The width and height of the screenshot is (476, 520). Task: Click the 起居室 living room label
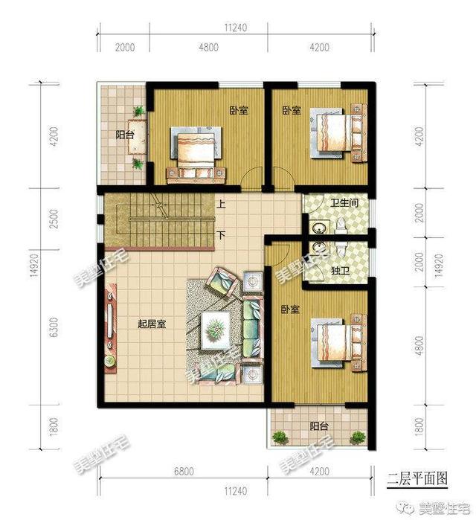[x=152, y=324]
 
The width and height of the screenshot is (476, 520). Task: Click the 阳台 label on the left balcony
[x=124, y=135]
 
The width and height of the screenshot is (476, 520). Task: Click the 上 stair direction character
[x=222, y=203]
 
